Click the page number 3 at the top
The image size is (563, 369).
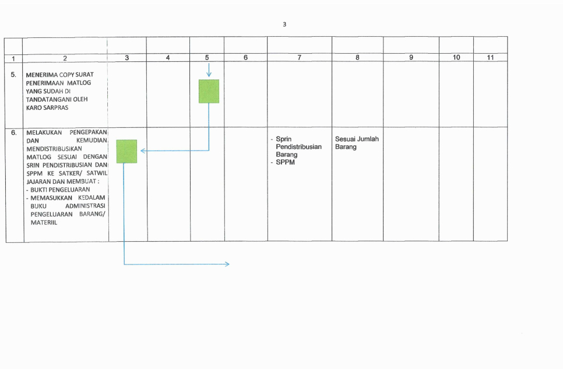[x=284, y=24]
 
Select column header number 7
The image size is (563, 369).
[x=299, y=57]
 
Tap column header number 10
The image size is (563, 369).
[x=456, y=57]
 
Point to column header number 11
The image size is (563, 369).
[x=490, y=57]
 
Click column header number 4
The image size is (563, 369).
[x=168, y=57]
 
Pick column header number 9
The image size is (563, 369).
[x=411, y=57]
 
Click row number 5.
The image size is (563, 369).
[x=13, y=75]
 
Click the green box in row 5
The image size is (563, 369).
[x=209, y=91]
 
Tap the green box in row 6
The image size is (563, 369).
[x=126, y=151]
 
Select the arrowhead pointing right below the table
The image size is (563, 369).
[x=227, y=264]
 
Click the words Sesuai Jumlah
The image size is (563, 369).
[x=357, y=139]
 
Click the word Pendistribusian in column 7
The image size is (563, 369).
[x=298, y=147]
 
